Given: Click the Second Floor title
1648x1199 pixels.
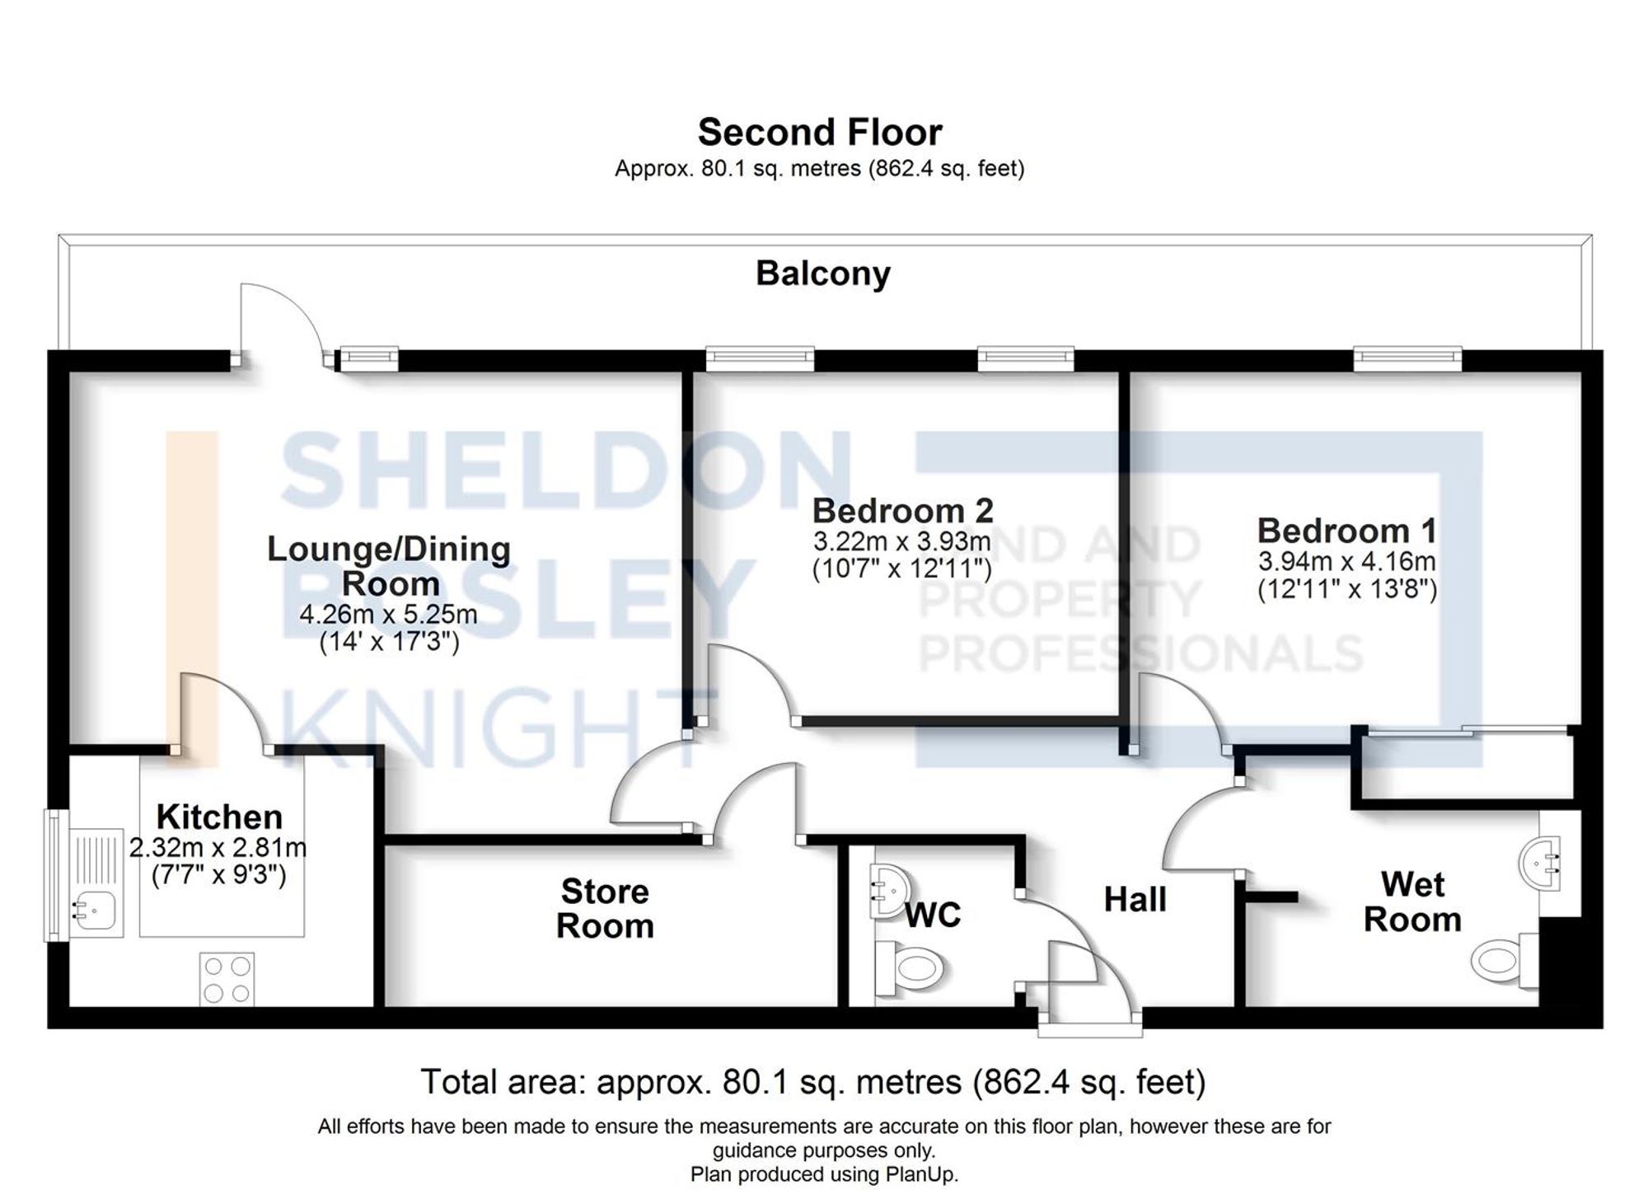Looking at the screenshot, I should click(820, 132).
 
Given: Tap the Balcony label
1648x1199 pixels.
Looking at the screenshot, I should click(822, 274).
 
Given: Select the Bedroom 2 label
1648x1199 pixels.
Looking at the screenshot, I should click(902, 511).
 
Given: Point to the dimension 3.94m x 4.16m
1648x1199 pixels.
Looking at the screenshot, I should click(1346, 562).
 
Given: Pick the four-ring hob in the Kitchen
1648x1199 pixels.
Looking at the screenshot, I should click(227, 979).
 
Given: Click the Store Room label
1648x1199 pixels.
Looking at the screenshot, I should click(605, 909).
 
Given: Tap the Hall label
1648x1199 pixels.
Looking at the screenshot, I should click(1135, 900).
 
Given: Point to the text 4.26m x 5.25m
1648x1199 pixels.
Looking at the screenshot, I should click(388, 615).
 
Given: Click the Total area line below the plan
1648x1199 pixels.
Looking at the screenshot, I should click(812, 1082).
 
